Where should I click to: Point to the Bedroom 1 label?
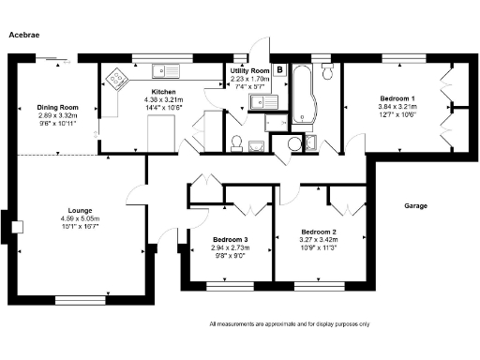(397, 98)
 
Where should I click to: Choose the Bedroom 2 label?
(319, 232)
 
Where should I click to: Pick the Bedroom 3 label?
(231, 241)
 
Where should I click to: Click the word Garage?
(416, 205)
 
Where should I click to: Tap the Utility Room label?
(250, 71)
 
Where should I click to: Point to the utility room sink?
(273, 98)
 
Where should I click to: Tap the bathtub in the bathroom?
(303, 94)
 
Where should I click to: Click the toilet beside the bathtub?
(326, 71)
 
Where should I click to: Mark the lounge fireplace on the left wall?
(12, 226)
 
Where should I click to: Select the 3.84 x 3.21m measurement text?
(397, 107)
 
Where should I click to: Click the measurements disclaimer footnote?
(289, 323)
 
